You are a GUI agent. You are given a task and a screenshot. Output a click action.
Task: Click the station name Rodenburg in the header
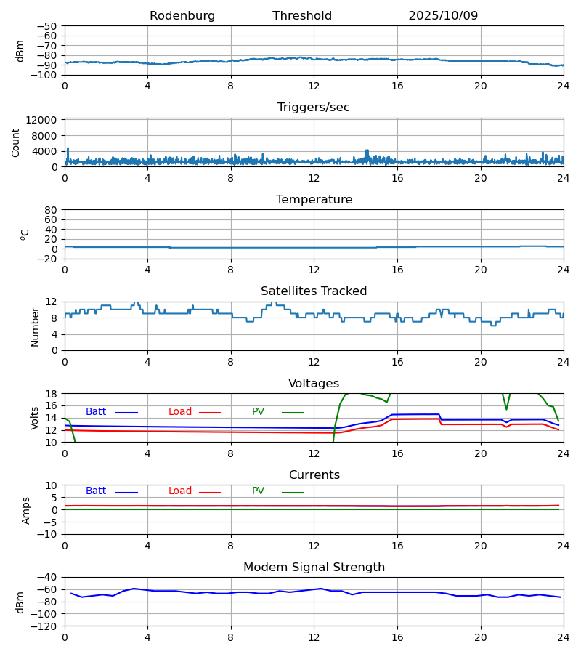(182, 16)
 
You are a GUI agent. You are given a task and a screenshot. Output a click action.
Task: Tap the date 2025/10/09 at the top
(443, 16)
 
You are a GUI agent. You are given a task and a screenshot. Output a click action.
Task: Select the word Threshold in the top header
(302, 16)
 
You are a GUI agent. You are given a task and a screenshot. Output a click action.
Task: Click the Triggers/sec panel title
(314, 108)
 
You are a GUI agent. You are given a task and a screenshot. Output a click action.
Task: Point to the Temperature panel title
(314, 200)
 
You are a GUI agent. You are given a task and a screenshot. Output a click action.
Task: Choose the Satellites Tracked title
(314, 291)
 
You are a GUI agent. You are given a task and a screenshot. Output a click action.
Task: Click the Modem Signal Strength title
(314, 568)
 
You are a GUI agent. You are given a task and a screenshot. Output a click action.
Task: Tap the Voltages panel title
(314, 384)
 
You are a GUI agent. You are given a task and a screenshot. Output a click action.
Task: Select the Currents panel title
(314, 475)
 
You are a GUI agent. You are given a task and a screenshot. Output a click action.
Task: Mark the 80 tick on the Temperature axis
(51, 210)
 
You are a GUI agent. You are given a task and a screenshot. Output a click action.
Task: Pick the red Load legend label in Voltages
(180, 412)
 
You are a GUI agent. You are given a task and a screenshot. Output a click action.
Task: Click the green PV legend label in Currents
(258, 491)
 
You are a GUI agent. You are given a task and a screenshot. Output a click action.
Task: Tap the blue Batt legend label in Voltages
(96, 412)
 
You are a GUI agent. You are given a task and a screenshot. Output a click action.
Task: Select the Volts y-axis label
(35, 418)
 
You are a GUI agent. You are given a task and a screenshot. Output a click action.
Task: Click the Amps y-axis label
(26, 510)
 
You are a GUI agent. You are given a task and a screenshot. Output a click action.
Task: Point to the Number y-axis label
(35, 326)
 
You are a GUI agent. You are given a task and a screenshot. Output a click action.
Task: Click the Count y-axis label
(16, 142)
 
